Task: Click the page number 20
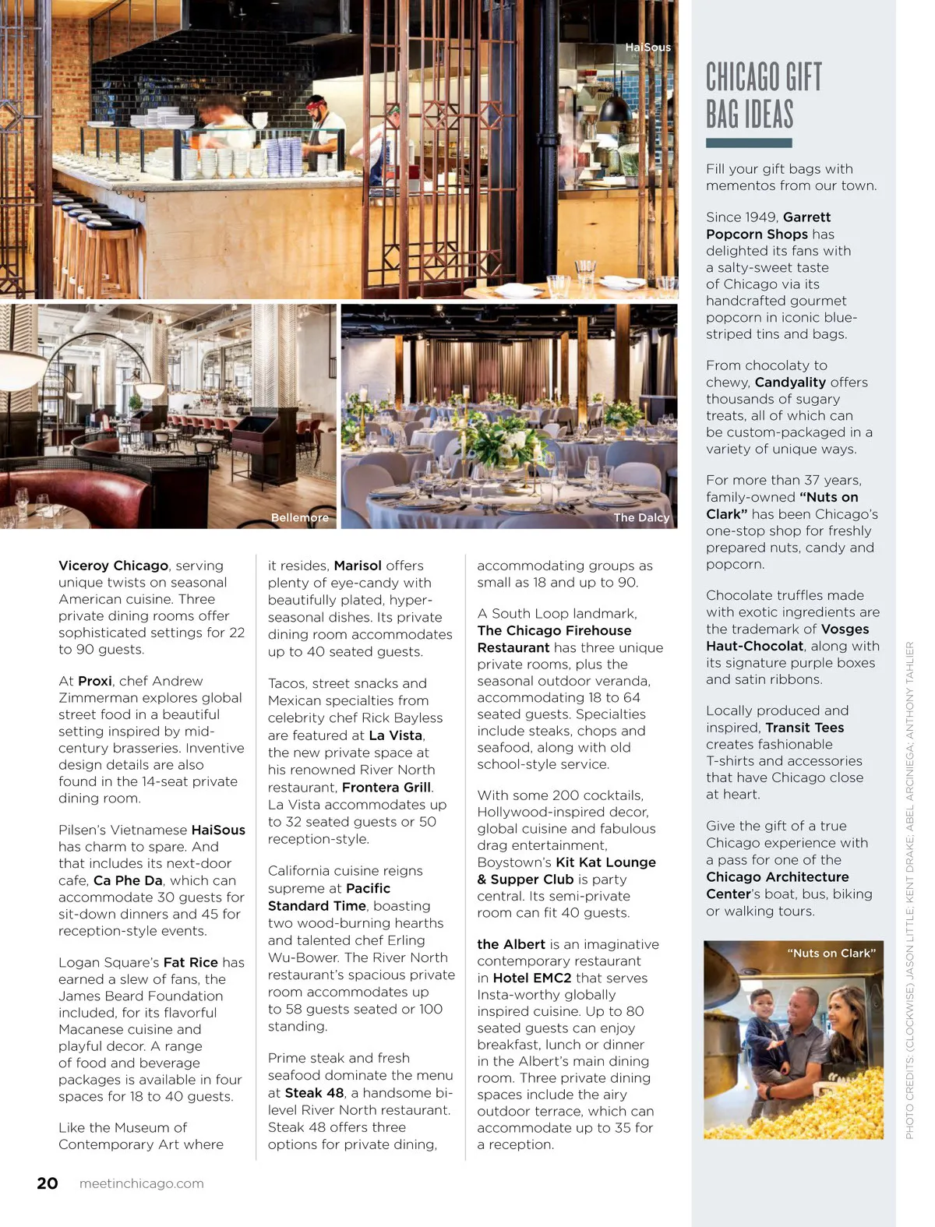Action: pos(48,1183)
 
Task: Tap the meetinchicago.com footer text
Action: pos(141,1183)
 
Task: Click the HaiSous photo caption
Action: pos(647,48)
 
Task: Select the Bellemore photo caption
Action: pos(299,517)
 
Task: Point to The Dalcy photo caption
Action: pos(640,517)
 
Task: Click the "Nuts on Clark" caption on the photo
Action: pos(831,953)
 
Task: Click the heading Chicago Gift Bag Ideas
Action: pos(764,96)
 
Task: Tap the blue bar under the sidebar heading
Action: pos(748,143)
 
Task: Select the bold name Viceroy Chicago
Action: pos(113,566)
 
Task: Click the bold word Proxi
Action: pos(95,681)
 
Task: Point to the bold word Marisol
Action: pos(358,566)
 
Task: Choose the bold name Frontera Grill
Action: pos(386,787)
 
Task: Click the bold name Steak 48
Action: pos(314,1093)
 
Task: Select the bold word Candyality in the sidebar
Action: pos(790,382)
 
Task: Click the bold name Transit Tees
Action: pos(804,728)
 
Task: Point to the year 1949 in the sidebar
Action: pos(760,217)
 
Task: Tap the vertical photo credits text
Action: pos(909,888)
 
